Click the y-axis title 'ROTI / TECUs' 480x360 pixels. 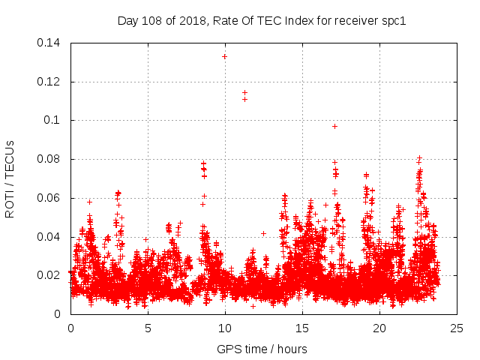pyautogui.click(x=10, y=178)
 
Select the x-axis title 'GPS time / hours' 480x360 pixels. pyautogui.click(x=262, y=349)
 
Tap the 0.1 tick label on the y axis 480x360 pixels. pyautogui.click(x=53, y=120)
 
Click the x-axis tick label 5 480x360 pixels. pyautogui.click(x=148, y=328)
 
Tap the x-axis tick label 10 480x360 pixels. pyautogui.click(x=225, y=328)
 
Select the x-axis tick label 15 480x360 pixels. pyautogui.click(x=302, y=328)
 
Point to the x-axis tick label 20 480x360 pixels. pyautogui.click(x=379, y=328)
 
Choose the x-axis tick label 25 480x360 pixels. pyautogui.click(x=457, y=328)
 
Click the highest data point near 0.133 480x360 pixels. pyautogui.click(x=224, y=56)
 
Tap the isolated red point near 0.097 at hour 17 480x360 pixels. pyautogui.click(x=334, y=126)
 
